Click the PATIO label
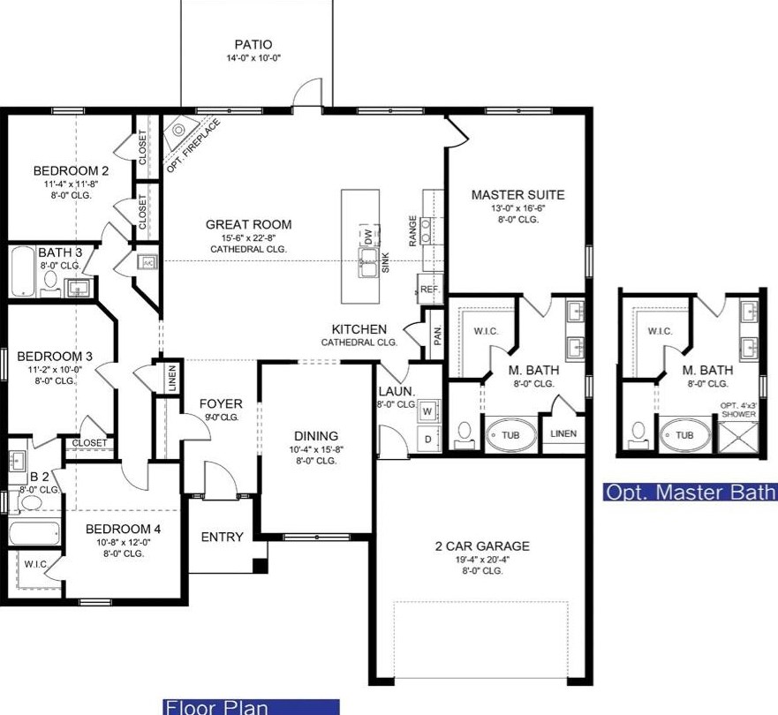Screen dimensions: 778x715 [x=253, y=45]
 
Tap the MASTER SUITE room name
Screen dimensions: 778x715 [x=518, y=195]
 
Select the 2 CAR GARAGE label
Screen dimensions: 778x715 [x=482, y=546]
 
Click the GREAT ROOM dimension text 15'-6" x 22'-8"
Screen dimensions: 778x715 [x=248, y=237]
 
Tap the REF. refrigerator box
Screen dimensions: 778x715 [x=430, y=289]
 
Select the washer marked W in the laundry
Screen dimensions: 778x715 [x=427, y=410]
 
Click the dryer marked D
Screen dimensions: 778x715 [x=427, y=439]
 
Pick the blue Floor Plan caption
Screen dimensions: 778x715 [x=251, y=707]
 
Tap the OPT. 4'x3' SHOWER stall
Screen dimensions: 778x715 [x=739, y=437]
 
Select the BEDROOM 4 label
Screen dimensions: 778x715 [x=123, y=529]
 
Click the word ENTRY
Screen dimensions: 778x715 [x=223, y=537]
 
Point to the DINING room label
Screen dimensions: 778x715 [x=316, y=436]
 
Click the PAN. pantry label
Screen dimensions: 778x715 [x=437, y=335]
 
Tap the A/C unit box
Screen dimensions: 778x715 [x=148, y=263]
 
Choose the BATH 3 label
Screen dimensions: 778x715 [x=60, y=252]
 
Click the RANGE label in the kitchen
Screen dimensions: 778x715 [x=412, y=230]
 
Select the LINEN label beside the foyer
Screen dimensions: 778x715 [x=172, y=379]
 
